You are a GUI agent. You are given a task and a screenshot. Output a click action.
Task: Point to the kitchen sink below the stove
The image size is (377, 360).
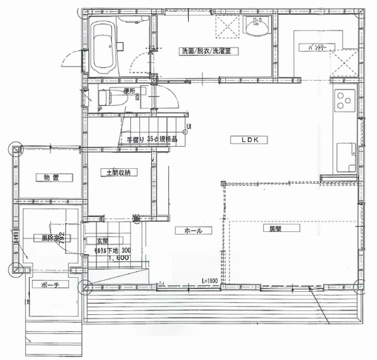point(345,156)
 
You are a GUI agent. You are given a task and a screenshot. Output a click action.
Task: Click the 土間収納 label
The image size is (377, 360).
point(117,172)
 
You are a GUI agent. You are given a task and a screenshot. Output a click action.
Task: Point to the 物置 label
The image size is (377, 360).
point(51,177)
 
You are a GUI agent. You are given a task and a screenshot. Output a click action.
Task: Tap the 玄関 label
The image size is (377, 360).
point(101,241)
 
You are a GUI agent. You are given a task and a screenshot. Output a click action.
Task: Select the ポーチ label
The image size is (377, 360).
point(50,284)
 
